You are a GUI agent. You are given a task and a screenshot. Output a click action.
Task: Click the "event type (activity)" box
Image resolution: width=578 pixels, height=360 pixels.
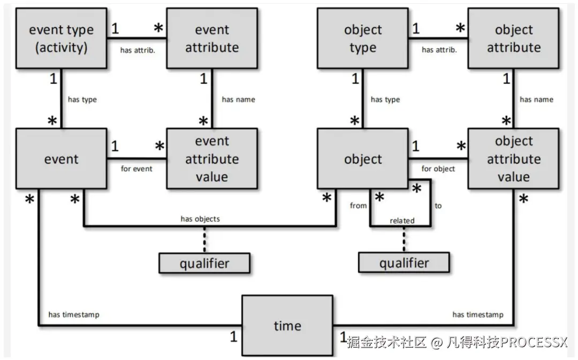61,39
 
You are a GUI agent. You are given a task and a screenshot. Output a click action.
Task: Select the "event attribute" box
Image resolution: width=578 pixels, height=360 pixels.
212,39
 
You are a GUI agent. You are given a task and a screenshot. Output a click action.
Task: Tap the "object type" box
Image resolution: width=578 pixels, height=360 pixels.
363,39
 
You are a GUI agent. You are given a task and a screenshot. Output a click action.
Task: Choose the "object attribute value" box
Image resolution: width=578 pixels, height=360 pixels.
514,159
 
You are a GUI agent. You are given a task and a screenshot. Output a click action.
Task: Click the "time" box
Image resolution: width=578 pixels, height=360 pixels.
287,326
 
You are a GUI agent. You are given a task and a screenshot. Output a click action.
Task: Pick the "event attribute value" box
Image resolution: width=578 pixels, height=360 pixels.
212,159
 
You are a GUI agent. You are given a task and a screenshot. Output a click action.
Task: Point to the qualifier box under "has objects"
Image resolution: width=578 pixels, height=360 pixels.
204,263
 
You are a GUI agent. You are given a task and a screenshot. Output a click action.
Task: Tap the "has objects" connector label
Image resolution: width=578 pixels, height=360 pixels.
200,219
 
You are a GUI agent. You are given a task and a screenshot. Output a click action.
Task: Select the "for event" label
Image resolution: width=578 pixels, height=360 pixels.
136,168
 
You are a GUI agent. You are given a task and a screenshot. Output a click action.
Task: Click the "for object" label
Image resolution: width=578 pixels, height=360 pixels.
438,168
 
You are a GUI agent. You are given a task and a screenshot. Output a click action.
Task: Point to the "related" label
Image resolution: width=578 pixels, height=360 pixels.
402,220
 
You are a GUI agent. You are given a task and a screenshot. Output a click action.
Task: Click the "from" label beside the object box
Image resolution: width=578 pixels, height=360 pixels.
358,205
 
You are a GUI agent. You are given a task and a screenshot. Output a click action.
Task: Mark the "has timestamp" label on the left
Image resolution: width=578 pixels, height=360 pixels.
73,315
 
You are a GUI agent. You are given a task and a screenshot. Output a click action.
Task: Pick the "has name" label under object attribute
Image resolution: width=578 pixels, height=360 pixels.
536,99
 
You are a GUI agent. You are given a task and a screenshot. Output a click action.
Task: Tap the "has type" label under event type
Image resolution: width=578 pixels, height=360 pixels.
82,99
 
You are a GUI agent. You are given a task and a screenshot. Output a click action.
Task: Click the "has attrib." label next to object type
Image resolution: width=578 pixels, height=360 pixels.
439,50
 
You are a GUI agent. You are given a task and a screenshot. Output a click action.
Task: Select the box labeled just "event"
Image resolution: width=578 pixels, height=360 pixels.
61,159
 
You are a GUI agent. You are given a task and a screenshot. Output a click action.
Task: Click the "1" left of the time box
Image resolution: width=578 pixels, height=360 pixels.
233,338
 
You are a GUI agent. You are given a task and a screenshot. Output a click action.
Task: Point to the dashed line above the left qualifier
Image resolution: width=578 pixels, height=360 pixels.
204,240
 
